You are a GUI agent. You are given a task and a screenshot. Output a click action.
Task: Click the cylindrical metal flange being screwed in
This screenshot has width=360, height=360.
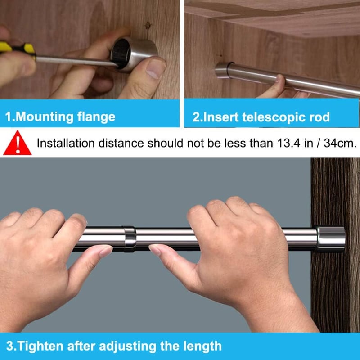point(134,54)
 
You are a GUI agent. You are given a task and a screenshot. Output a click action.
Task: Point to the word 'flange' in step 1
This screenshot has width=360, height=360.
point(96,117)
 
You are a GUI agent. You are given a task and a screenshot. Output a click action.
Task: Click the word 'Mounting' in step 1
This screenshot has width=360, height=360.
point(45,117)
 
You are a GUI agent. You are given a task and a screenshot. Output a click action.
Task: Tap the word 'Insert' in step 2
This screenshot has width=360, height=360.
point(221,117)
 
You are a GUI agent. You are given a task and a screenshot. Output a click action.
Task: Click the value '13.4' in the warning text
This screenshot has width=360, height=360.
point(288,143)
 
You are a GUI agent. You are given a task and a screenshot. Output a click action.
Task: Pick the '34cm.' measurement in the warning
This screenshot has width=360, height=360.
point(340,143)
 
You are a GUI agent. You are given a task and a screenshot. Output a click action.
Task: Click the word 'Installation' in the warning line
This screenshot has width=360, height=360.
point(66,143)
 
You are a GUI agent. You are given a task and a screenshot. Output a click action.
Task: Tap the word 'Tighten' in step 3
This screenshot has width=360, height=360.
point(40,346)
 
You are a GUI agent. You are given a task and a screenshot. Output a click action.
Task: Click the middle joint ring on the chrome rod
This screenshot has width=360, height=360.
point(130,239)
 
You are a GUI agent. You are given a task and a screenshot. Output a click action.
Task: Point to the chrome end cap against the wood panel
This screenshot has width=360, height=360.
point(330,238)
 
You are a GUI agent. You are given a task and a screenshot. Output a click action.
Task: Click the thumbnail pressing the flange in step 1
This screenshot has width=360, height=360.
point(155,68)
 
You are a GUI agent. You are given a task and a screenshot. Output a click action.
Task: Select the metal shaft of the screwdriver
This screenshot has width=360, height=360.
point(76,62)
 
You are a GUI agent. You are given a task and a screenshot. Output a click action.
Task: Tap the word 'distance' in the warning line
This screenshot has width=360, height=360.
point(121,143)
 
